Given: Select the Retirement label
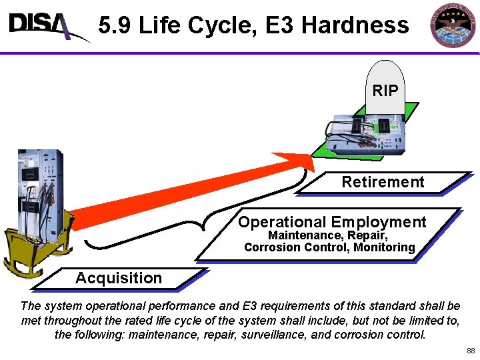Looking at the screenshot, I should coord(383,182).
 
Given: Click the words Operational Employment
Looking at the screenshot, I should coord(332,222).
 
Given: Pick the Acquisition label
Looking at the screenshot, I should coord(119,278).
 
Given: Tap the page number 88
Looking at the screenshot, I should coord(471,351).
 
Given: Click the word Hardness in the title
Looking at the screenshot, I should coord(355,25).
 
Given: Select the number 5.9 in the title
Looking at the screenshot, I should coord(115,25).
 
